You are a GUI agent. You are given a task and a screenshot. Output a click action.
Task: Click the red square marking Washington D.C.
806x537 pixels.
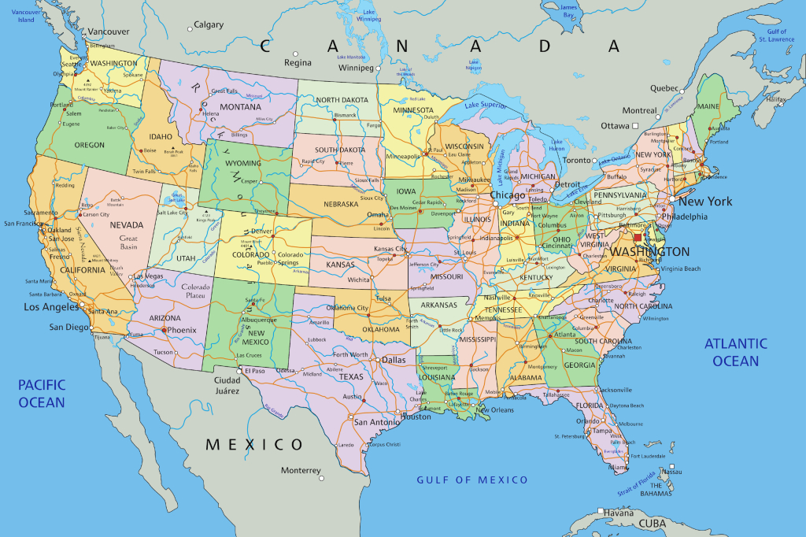point(638,237)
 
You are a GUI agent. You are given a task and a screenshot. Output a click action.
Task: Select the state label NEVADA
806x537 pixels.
point(126,225)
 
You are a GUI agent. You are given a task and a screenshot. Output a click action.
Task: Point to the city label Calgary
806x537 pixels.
point(209,25)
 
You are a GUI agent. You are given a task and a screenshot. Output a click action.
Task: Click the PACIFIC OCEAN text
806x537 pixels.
point(42,394)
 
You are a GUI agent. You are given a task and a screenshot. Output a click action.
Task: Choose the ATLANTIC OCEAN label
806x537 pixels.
point(736,352)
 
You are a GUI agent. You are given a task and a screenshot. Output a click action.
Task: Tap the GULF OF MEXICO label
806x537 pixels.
point(472,480)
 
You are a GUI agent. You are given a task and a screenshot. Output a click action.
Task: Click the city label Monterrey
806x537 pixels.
point(301,470)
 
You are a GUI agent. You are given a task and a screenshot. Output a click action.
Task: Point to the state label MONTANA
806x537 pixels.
point(240,107)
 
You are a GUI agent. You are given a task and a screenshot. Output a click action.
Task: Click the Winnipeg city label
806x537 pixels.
point(355,68)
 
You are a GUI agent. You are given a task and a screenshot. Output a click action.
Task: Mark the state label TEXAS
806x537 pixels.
point(351,376)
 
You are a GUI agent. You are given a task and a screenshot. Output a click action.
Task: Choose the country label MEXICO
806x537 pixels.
point(254,445)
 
